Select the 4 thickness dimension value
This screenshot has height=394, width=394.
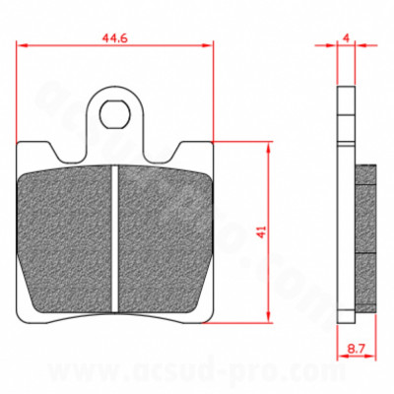coord(345,37)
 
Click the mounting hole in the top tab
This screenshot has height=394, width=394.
coord(115,110)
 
